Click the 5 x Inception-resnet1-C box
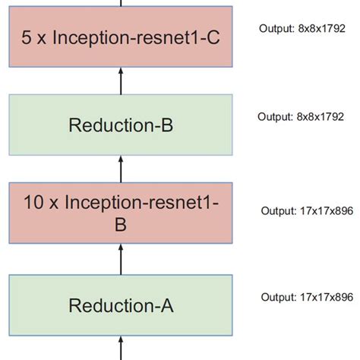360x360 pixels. point(121,36)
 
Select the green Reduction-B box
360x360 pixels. point(121,124)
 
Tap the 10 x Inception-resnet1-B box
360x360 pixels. point(121,213)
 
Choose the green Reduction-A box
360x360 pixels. point(121,305)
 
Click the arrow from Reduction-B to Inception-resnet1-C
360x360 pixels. point(121,81)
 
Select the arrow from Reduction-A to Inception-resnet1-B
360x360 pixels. point(121,261)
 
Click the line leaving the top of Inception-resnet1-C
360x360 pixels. point(121,4)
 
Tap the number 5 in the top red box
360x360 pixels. point(28,36)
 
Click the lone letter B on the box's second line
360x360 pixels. point(121,225)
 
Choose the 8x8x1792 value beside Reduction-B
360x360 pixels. point(318,117)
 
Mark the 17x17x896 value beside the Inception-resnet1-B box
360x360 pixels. point(324,210)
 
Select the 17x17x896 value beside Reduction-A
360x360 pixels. point(324,296)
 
